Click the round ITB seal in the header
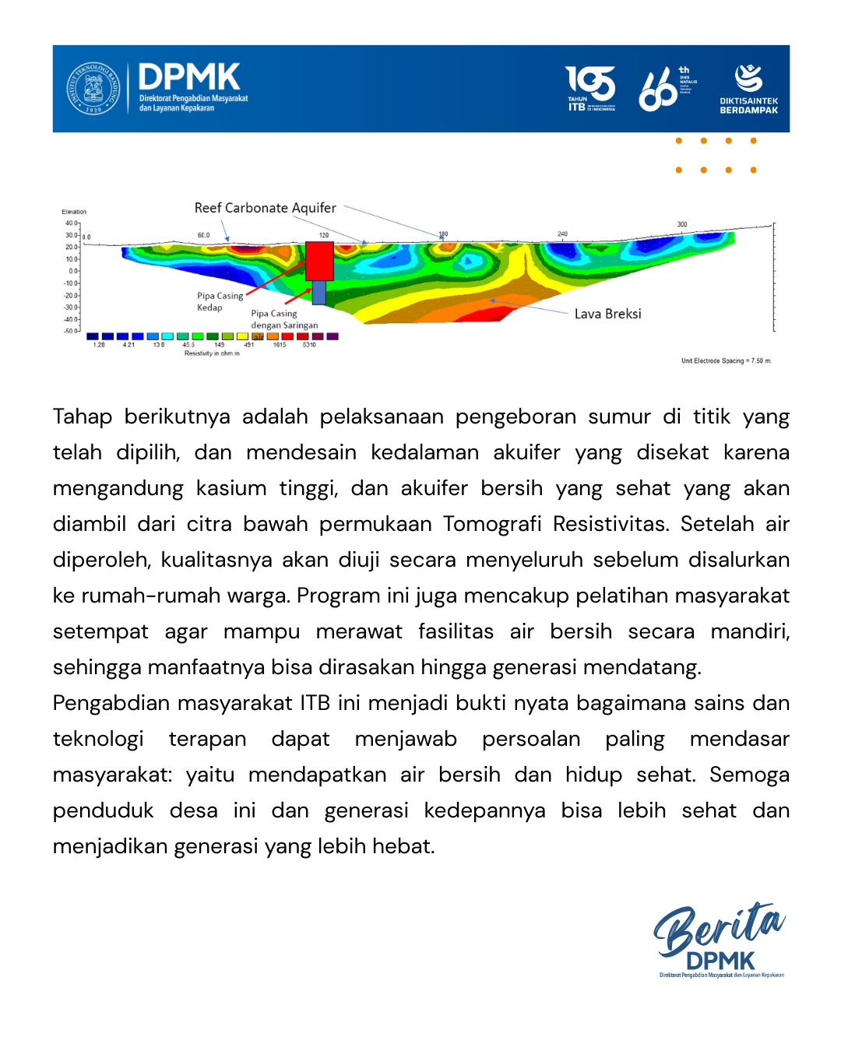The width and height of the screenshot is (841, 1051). [93, 88]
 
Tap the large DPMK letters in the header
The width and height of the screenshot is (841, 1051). [189, 78]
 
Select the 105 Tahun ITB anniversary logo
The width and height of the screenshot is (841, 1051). [590, 88]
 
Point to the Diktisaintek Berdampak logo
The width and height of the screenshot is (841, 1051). [748, 89]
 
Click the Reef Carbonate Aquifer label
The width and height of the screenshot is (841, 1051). [265, 208]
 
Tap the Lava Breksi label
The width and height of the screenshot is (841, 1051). [607, 314]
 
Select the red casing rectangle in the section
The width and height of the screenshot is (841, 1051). [319, 261]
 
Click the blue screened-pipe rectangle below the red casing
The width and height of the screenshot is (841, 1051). [319, 293]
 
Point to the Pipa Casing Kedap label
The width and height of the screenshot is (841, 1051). [220, 301]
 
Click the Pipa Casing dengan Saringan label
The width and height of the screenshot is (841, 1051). [284, 319]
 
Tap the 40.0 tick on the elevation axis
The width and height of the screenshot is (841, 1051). [71, 223]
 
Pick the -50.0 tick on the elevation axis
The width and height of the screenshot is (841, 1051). [71, 331]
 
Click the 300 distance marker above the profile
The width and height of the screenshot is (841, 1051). [682, 225]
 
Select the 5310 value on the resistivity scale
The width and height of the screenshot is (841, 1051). [309, 345]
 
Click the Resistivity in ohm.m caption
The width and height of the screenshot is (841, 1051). [212, 353]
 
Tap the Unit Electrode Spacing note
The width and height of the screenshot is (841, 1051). [726, 361]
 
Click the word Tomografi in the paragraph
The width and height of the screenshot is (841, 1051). [492, 524]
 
